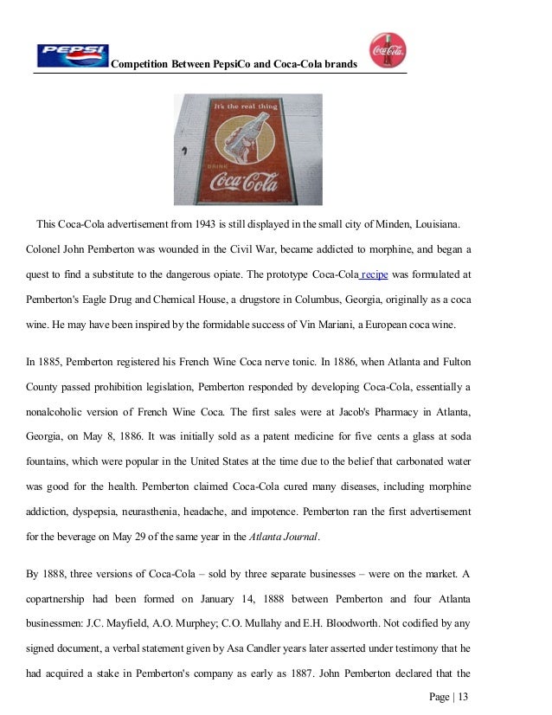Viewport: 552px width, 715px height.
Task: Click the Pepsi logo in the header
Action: [73, 55]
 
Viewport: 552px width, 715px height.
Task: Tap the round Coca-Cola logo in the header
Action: [388, 50]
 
